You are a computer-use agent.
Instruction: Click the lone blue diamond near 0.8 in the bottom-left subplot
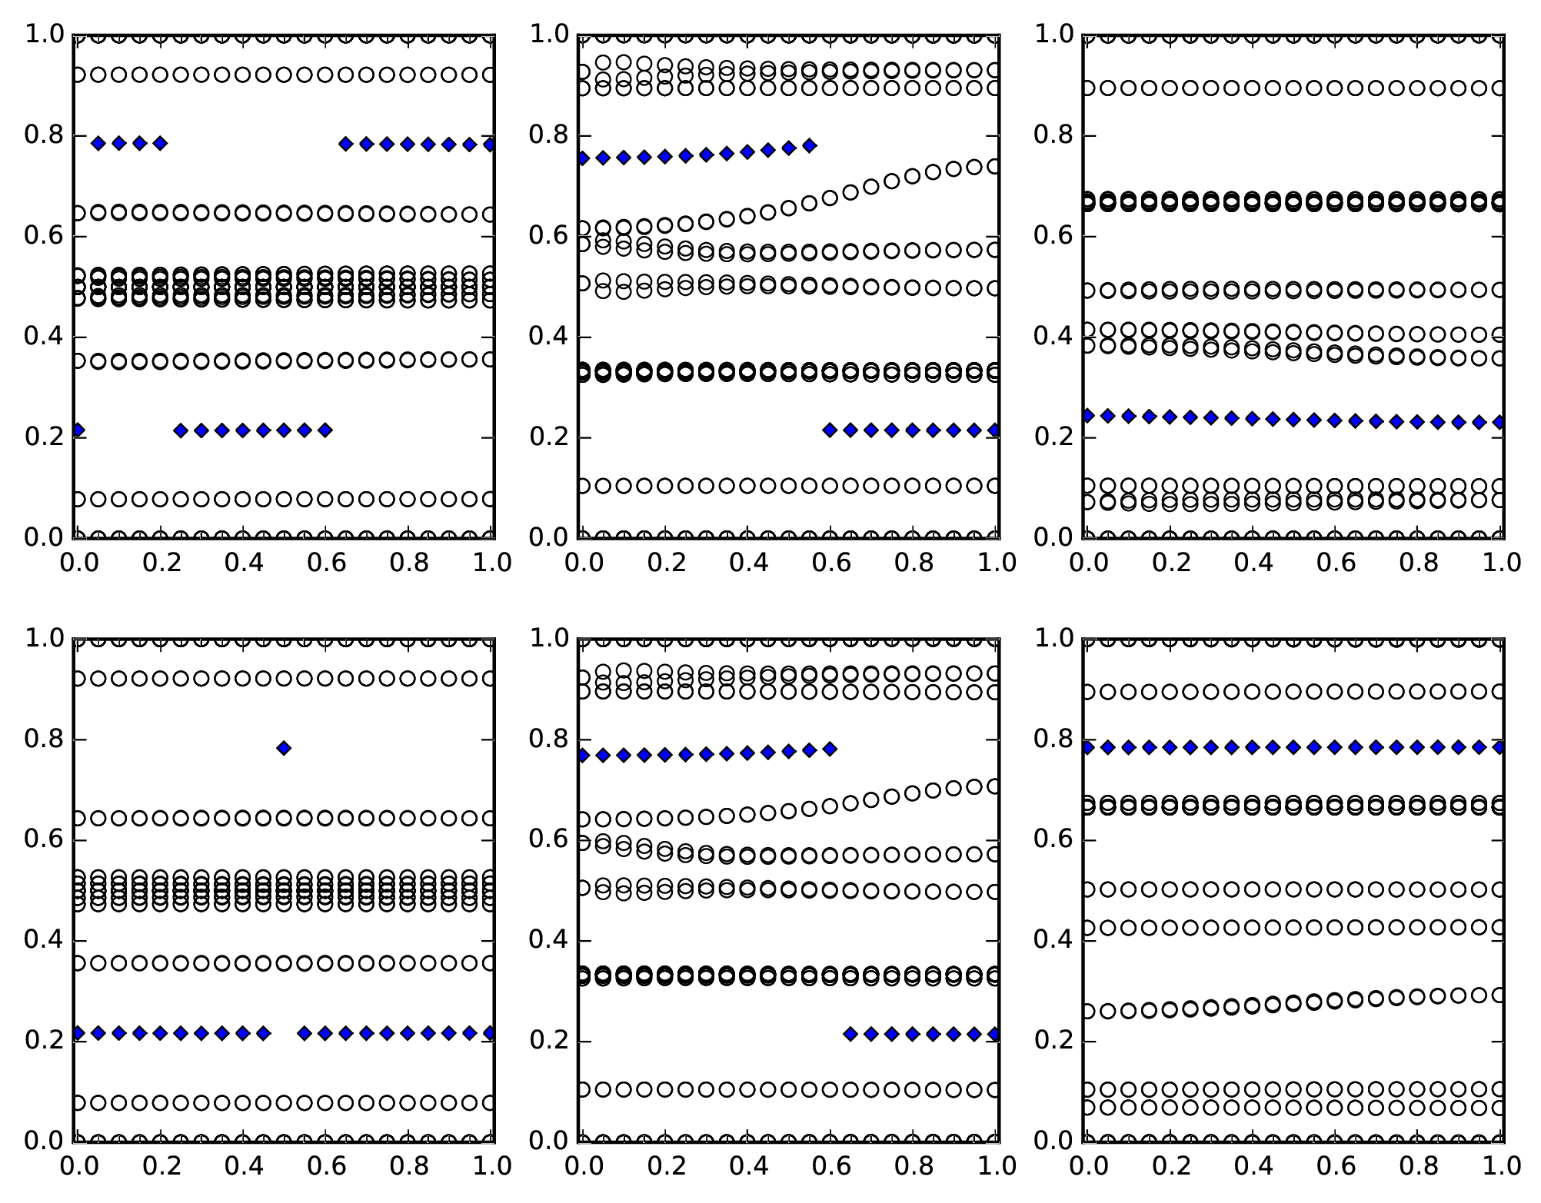coord(284,748)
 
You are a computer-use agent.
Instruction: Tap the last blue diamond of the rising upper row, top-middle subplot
coord(809,145)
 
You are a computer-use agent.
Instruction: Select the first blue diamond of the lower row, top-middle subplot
coord(830,430)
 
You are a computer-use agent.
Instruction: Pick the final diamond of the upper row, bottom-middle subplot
coord(830,749)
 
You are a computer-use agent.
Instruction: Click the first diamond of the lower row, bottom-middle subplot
coord(850,1034)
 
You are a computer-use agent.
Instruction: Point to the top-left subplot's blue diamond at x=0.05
coord(98,143)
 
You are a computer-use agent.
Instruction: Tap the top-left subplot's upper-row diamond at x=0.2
coord(160,143)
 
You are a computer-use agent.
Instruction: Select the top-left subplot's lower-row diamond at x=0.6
coord(325,430)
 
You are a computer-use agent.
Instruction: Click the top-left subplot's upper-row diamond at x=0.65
coord(346,144)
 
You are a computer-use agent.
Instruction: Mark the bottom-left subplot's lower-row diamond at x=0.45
coord(263,1033)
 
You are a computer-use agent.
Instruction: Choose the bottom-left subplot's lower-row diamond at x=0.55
coord(305,1033)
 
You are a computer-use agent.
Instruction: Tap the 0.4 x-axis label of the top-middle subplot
coord(747,563)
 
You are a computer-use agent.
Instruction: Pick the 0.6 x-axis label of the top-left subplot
coord(326,563)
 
